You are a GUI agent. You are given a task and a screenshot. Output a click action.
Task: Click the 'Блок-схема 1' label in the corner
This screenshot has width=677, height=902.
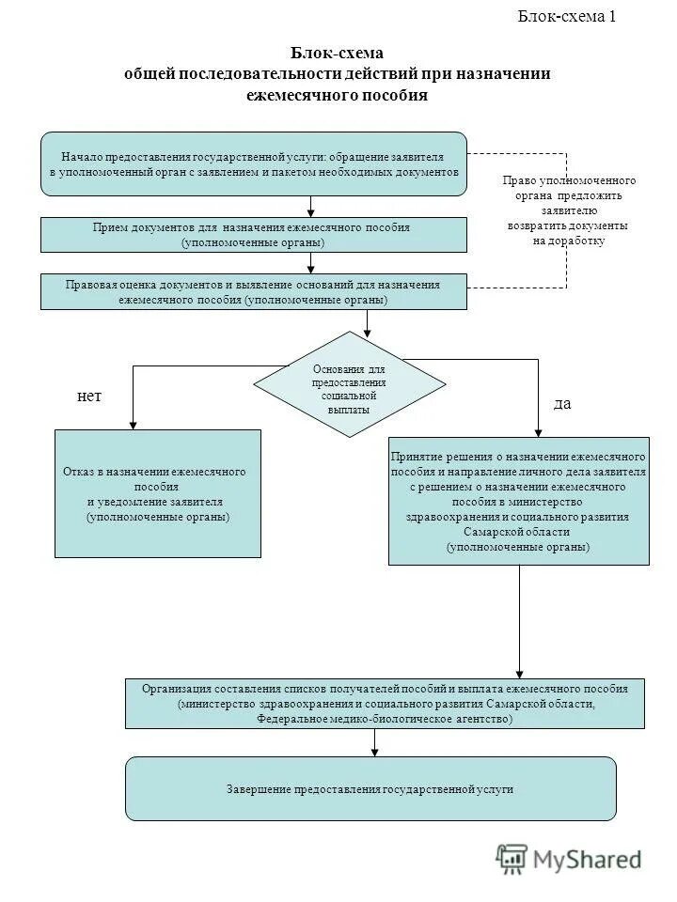click(568, 16)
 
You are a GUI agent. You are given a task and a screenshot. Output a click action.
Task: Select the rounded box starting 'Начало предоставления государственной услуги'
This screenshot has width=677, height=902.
click(254, 164)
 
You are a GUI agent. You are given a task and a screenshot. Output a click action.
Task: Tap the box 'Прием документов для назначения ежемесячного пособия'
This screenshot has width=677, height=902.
click(254, 235)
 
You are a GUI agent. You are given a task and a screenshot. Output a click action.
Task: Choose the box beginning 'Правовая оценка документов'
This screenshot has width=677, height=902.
click(254, 292)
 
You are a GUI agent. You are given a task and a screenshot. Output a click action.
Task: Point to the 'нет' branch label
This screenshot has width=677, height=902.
click(88, 397)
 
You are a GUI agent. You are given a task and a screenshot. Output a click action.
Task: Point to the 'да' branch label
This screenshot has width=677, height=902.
click(562, 403)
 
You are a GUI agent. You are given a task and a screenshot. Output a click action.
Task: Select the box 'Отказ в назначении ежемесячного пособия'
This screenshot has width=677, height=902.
click(158, 493)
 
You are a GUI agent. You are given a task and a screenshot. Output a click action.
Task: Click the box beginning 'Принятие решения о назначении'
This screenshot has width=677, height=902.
click(519, 500)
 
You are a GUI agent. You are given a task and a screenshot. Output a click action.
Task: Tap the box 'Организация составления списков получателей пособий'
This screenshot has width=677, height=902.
click(386, 703)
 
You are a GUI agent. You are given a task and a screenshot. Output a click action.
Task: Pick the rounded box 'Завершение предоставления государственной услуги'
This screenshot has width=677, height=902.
click(370, 789)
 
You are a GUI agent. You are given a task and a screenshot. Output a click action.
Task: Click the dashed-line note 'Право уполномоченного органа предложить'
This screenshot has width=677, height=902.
click(569, 210)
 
